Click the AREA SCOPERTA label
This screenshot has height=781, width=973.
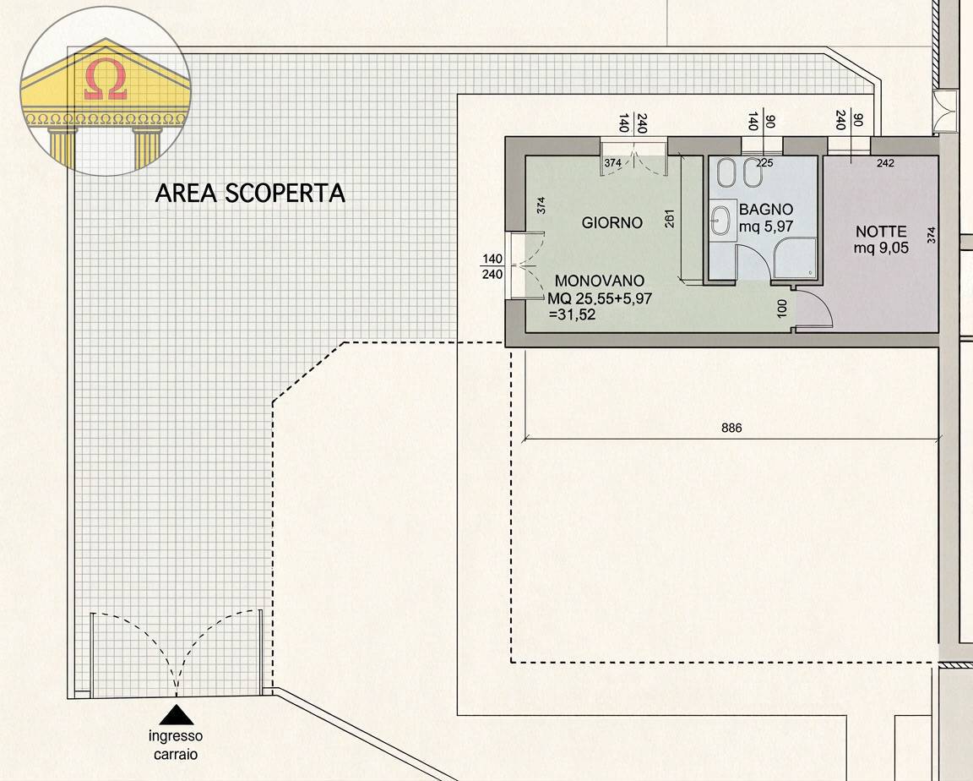point(250,194)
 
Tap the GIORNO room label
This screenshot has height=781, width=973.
point(612,223)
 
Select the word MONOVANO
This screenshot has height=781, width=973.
point(599,281)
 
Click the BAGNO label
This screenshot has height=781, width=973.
point(765,209)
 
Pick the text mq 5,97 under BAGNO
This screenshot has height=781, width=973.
point(766,226)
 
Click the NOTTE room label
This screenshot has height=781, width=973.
point(881,232)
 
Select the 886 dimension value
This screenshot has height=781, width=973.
point(731,429)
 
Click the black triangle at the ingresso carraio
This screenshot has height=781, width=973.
point(177,715)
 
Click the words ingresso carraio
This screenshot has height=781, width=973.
point(177,745)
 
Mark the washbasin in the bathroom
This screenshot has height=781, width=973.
point(720,221)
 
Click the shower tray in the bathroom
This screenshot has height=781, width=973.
point(795,258)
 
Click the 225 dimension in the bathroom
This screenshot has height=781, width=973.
point(765,162)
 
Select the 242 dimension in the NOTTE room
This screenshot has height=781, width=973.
point(885,163)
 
